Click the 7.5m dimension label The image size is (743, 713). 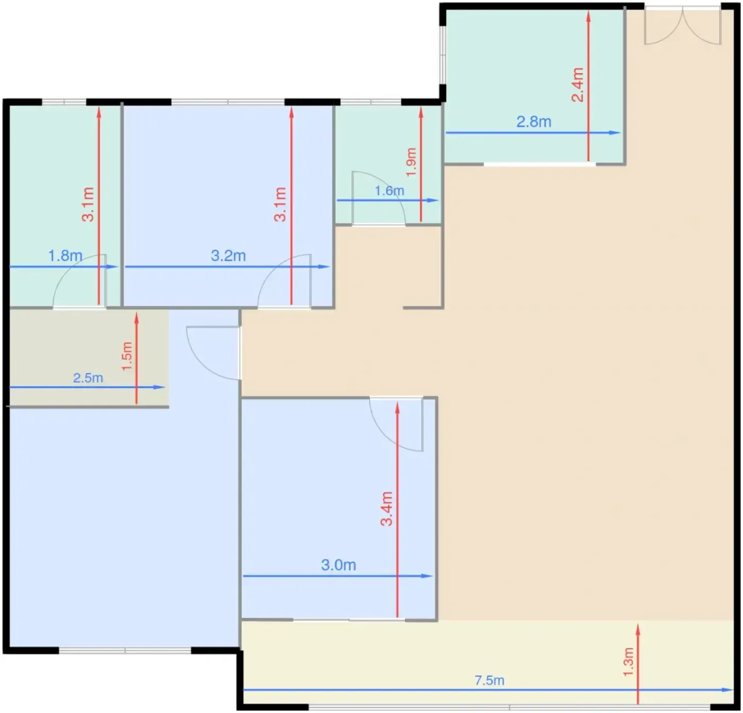point(489,680)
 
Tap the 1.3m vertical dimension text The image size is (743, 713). point(628,662)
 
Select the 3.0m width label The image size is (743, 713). point(338,565)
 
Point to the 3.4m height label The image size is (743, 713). point(386,509)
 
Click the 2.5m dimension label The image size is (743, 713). point(88,378)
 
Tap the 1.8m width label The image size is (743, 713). point(65,256)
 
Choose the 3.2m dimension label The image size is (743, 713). point(228,256)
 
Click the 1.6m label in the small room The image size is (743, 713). point(389,190)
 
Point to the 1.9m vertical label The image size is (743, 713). point(411,162)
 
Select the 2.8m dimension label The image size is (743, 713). point(534,122)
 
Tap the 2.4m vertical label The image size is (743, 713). point(577,85)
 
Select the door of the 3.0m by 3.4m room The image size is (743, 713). point(396,424)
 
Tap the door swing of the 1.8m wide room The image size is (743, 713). point(80,281)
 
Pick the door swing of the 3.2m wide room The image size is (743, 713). point(284,281)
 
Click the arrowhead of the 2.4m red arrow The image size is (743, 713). point(589,16)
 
